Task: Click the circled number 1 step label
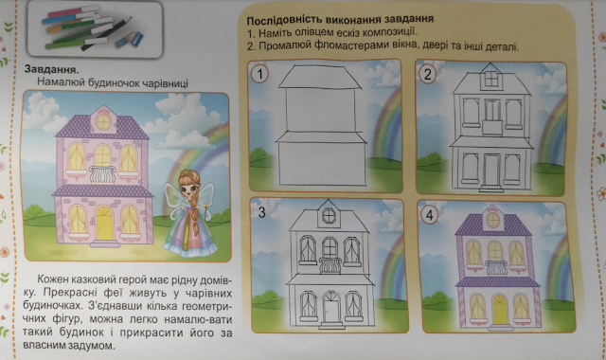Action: [259, 74]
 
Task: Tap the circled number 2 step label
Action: [427, 74]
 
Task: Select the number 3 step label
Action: [261, 212]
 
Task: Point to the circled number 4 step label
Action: [430, 215]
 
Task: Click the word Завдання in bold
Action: [51, 69]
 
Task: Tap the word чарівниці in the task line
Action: [166, 83]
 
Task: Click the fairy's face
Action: [189, 189]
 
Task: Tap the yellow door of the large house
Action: [104, 224]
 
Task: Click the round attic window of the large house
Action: [103, 122]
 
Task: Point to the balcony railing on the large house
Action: [102, 174]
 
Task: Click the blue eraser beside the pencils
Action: [134, 40]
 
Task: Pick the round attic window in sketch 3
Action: [329, 216]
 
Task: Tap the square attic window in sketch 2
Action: [490, 79]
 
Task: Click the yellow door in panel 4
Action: [499, 310]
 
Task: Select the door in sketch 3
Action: [331, 307]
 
